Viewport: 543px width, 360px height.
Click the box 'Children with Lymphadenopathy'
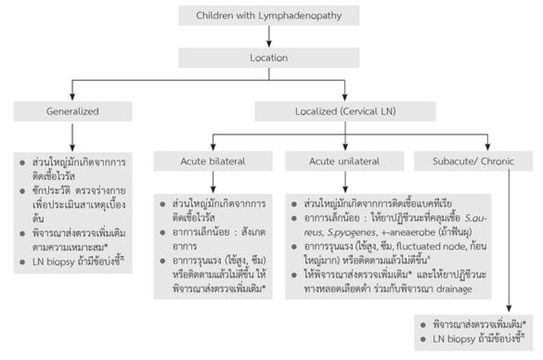click(x=268, y=16)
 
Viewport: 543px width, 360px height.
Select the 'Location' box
click(x=267, y=57)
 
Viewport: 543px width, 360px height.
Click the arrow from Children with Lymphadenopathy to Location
click(x=267, y=35)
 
